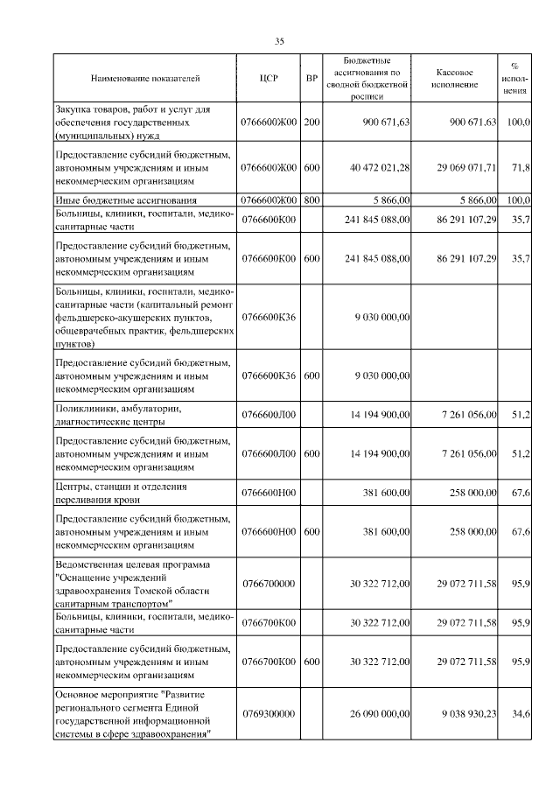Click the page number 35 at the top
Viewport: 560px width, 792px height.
tap(280, 41)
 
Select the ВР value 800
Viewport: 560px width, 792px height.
tap(311, 200)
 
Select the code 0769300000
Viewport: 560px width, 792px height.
tap(269, 713)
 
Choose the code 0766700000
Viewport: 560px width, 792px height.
tap(269, 582)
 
